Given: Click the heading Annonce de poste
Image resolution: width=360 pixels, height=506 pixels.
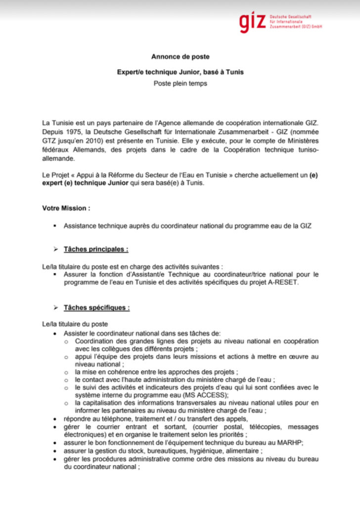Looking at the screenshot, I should (180, 57).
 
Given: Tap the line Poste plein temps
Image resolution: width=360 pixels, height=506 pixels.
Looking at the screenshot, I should (180, 84).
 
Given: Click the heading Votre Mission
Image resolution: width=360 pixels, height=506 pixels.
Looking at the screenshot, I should (66, 208).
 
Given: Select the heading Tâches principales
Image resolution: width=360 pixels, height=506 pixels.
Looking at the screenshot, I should (96, 250).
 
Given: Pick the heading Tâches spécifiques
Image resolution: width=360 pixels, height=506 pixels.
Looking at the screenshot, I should (96, 308).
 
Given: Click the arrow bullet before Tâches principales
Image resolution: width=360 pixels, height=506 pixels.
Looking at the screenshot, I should (56, 250).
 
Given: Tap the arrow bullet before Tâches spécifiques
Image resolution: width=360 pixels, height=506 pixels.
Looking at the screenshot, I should (56, 308).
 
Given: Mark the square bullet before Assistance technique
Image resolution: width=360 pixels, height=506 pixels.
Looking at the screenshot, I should (54, 225).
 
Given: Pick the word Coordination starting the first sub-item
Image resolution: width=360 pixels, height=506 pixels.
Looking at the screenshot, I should (98, 341).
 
